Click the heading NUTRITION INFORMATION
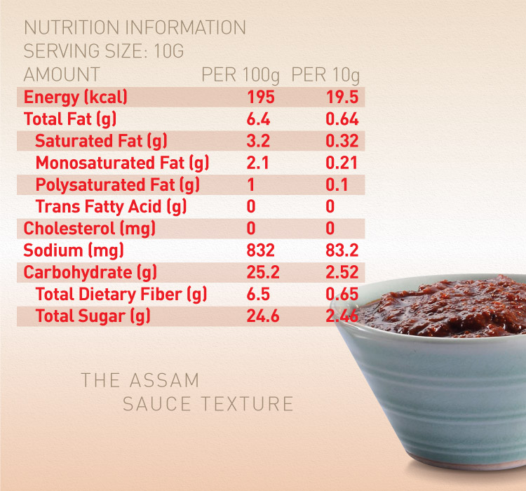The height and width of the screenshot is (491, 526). tap(135, 28)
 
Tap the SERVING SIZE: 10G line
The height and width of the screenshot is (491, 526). tap(104, 51)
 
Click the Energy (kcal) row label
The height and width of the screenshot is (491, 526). tap(76, 97)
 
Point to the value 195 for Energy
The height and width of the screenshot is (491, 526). tap(261, 97)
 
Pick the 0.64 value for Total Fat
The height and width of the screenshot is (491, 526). tap(342, 119)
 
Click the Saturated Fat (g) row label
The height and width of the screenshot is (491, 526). tap(101, 141)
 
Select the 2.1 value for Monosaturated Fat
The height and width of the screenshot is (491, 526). tap(258, 163)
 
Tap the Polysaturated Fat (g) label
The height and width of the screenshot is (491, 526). tap(118, 185)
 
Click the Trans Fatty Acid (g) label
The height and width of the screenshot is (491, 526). tap(111, 207)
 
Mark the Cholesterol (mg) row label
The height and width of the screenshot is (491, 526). tap(89, 229)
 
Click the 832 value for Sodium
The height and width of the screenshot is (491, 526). tap(261, 250)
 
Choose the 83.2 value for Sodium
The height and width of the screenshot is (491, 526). tap(342, 250)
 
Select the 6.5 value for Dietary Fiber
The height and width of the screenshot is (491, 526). tap(258, 295)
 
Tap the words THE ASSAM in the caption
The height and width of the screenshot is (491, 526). tap(140, 381)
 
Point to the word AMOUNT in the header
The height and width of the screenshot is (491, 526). tap(62, 74)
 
